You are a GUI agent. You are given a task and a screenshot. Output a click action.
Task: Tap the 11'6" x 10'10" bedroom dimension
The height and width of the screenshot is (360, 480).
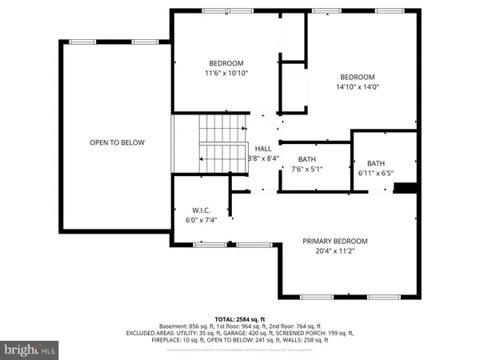226,73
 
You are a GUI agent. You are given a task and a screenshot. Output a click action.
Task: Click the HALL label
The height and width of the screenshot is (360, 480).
262,149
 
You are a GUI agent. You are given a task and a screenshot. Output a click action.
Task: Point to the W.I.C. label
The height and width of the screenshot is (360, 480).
201,210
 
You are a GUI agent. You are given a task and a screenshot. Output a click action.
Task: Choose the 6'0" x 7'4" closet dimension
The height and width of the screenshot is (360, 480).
201,219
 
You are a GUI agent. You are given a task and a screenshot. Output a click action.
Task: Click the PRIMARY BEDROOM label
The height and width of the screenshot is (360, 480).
334,241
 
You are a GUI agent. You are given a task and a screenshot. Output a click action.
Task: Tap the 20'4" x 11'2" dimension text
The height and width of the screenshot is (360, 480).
334,250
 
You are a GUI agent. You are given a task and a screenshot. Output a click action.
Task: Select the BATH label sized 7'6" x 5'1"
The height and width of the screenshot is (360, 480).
306,159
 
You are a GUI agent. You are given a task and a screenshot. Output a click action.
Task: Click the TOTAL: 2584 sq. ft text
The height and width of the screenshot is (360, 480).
241,318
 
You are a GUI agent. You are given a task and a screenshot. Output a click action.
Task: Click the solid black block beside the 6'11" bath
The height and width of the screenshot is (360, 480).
406,188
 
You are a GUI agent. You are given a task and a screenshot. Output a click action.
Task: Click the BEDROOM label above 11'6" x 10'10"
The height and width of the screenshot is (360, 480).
226,63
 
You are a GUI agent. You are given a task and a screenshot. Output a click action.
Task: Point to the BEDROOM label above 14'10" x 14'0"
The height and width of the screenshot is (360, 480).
357,77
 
